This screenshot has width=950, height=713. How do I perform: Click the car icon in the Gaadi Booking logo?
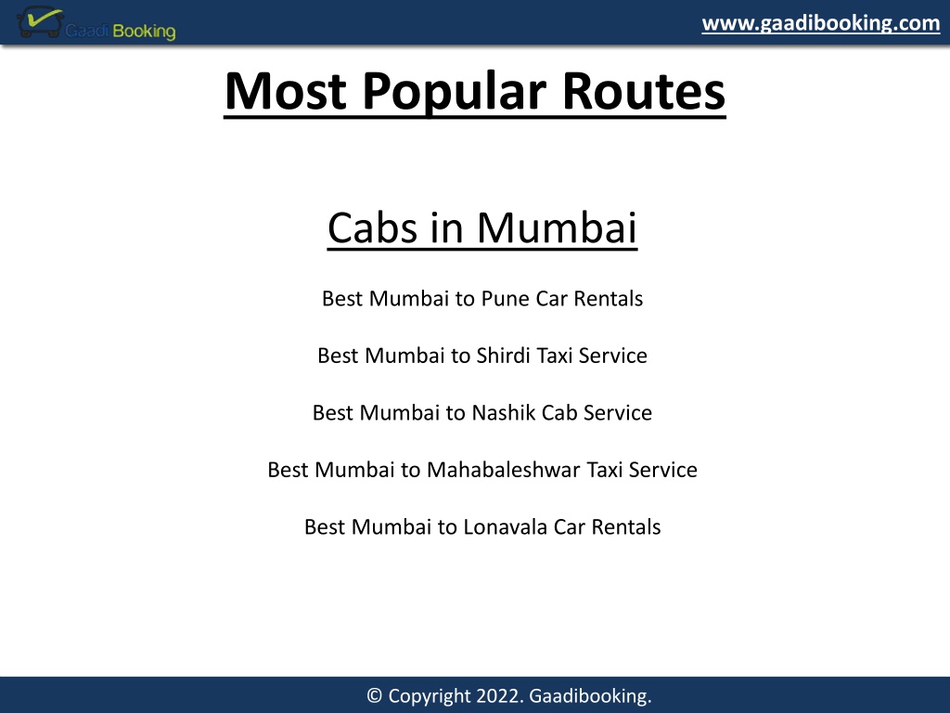40,22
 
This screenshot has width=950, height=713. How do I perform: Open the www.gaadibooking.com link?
820,23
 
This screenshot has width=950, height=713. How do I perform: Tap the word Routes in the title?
644,91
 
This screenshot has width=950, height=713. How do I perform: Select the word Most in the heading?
286,91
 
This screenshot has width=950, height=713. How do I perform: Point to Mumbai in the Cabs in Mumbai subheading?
557,228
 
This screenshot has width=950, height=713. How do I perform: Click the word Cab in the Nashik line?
559,413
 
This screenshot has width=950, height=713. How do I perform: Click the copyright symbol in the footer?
375,695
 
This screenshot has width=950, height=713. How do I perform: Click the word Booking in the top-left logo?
144,31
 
